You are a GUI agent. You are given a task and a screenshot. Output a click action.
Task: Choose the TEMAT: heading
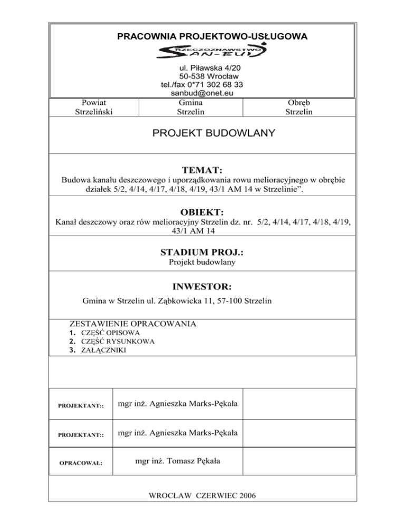202,170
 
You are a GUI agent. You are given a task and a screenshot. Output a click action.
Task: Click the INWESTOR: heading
202,287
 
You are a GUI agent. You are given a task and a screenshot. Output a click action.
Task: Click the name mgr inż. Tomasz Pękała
178,461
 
